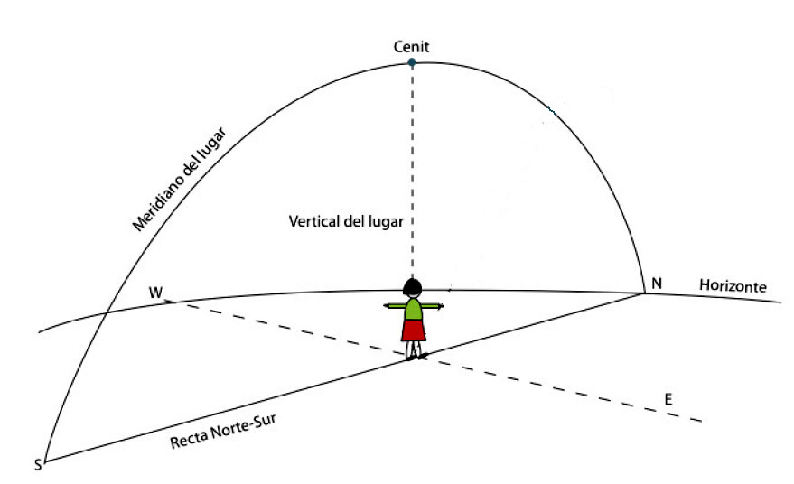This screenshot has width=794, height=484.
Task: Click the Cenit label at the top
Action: pyautogui.click(x=412, y=46)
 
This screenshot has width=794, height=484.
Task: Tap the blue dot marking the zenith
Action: pyautogui.click(x=412, y=63)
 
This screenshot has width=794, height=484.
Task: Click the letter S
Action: pyautogui.click(x=38, y=465)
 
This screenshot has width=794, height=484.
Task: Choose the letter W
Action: pyautogui.click(x=156, y=293)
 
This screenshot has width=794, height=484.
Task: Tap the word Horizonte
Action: pyautogui.click(x=733, y=286)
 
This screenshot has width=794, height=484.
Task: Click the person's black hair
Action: pyautogui.click(x=413, y=288)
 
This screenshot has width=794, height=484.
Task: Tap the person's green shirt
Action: pyautogui.click(x=413, y=308)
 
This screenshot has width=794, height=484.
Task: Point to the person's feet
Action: pyautogui.click(x=414, y=356)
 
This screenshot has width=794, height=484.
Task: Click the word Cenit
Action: pyautogui.click(x=412, y=46)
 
